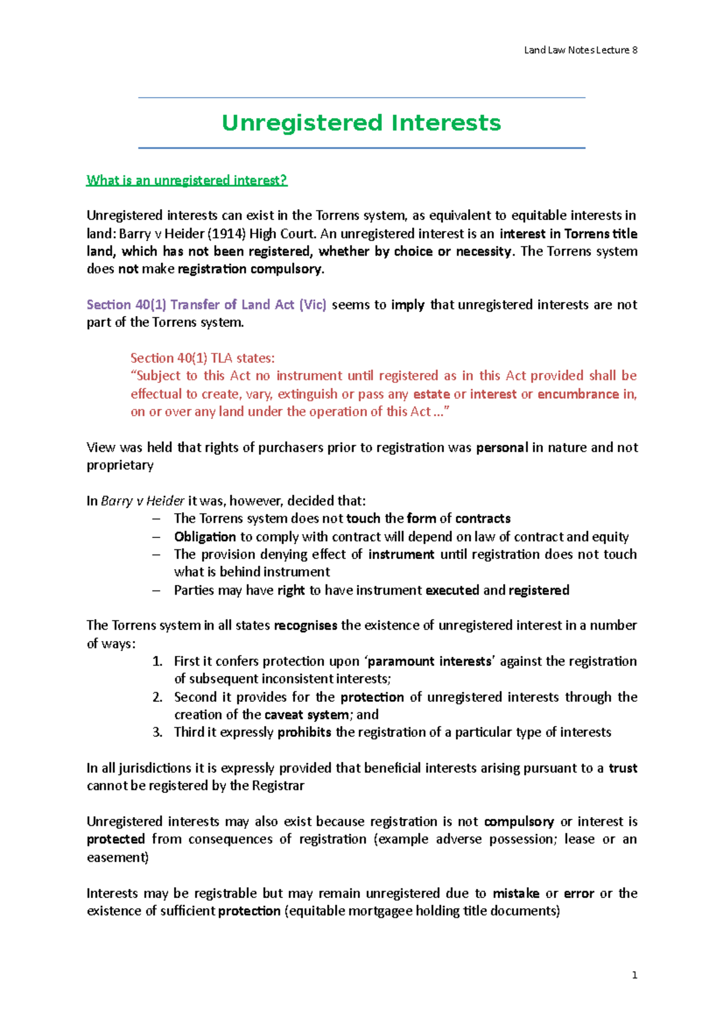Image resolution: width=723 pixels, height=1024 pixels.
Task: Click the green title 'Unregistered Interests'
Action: tap(361, 123)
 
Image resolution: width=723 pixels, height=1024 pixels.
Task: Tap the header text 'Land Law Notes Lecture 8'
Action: tap(580, 50)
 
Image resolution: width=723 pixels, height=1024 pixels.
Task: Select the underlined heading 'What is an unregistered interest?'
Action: tap(187, 180)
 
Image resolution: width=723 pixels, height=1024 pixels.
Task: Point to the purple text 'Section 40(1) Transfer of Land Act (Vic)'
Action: tap(206, 305)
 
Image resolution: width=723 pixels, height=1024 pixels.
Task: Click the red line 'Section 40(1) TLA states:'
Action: tap(202, 358)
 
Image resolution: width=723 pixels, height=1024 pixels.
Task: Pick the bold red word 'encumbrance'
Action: tap(578, 394)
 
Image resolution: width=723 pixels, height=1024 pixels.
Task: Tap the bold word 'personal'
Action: tap(502, 447)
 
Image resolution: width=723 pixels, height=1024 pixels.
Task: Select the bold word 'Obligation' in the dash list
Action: tap(205, 537)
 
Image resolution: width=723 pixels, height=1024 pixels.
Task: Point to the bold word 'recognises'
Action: tap(305, 625)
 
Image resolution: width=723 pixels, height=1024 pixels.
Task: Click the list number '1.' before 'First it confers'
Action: tap(157, 662)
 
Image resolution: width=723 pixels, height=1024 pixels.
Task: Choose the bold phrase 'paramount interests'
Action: tap(430, 662)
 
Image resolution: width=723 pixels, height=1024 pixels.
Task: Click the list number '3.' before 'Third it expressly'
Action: tap(157, 733)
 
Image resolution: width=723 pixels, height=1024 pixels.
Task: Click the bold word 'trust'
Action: tap(623, 768)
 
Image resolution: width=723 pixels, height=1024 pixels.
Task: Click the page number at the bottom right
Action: tap(634, 975)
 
